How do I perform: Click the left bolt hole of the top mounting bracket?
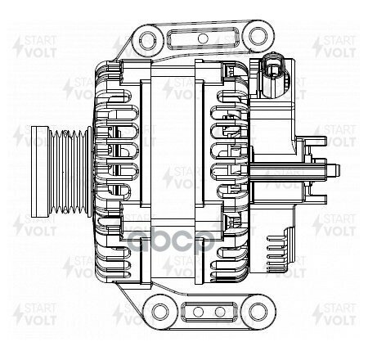[x=146, y=36]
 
